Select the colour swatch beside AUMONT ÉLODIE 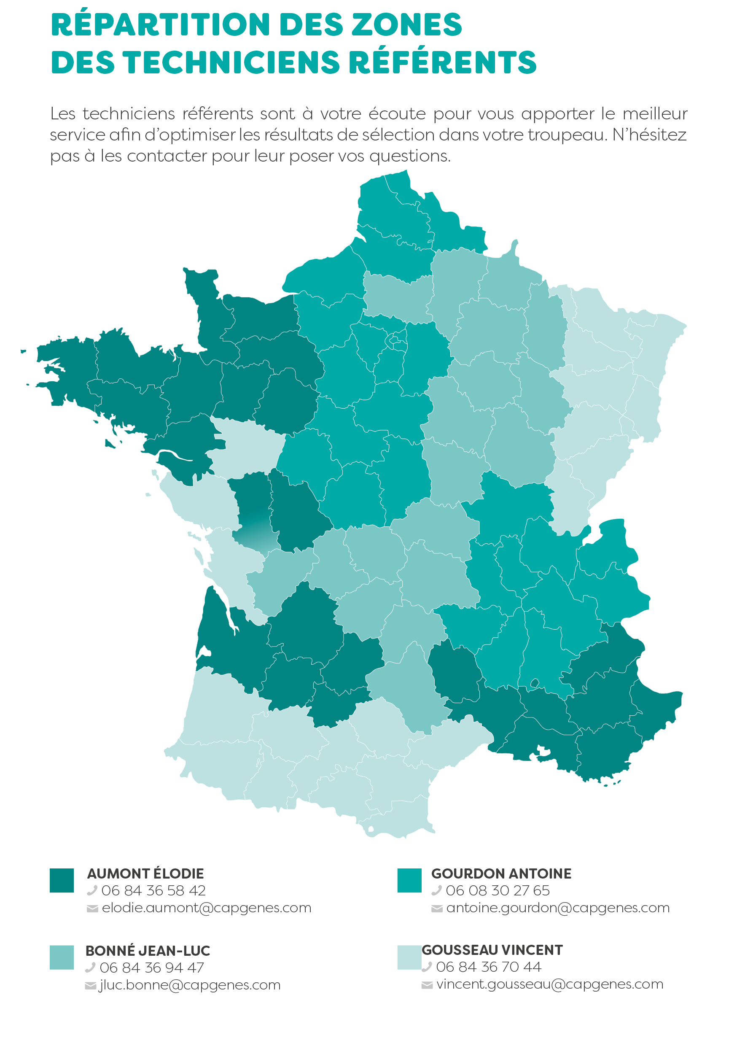pos(62,881)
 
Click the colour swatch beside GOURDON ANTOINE pos(409,881)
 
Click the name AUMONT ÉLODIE pos(145,873)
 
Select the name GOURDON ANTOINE pos(501,873)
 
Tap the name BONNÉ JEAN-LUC pos(148,951)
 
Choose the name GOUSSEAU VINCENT pos(492,950)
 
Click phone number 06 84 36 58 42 pos(153,890)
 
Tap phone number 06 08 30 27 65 pos(498,890)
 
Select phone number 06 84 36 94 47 pos(152,967)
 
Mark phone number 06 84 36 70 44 pos(488,966)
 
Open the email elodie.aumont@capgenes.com pos(206,908)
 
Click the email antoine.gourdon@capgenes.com pos(557,908)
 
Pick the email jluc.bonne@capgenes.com pos(189,984)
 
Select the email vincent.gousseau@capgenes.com pos(549,984)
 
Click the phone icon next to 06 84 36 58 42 pos(92,890)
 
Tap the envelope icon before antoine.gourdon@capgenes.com pos(437,909)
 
